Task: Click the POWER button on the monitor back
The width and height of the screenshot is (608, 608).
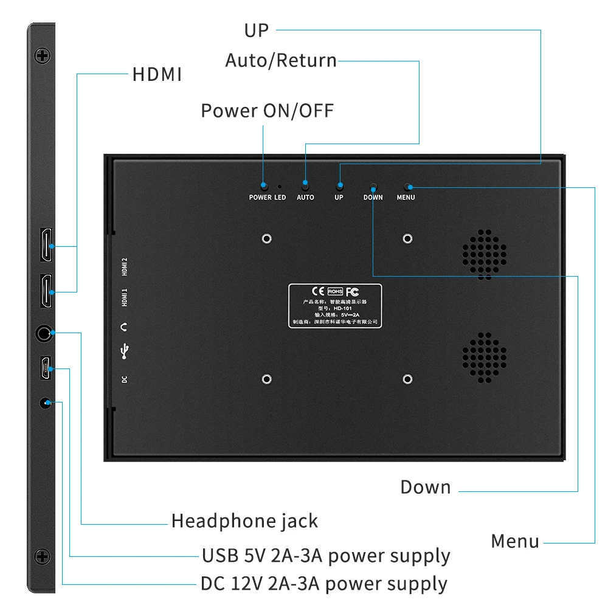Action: pyautogui.click(x=263, y=185)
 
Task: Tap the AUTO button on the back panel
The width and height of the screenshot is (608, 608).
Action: pyautogui.click(x=305, y=185)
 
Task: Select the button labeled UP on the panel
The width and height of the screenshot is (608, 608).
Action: pyautogui.click(x=339, y=185)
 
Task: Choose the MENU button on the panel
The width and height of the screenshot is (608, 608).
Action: pyautogui.click(x=407, y=186)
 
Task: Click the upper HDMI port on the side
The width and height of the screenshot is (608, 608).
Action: pyautogui.click(x=46, y=245)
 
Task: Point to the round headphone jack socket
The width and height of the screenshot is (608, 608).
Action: pyautogui.click(x=44, y=333)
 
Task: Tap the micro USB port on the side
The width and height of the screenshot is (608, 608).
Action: pyautogui.click(x=46, y=368)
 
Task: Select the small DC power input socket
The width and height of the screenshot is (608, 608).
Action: pyautogui.click(x=45, y=402)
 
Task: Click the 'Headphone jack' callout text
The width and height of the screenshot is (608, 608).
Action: pyautogui.click(x=244, y=521)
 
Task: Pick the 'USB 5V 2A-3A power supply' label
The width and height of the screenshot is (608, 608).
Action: pyautogui.click(x=326, y=556)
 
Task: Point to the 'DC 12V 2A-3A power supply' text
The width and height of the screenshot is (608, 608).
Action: pyautogui.click(x=324, y=584)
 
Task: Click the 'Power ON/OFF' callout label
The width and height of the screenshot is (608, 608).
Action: pyautogui.click(x=268, y=111)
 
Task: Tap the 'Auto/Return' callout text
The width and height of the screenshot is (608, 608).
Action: pyautogui.click(x=281, y=61)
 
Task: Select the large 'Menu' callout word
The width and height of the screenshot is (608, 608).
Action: pyautogui.click(x=515, y=541)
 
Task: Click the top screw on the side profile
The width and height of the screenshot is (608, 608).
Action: pyautogui.click(x=42, y=57)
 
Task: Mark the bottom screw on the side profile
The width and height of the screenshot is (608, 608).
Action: pyautogui.click(x=42, y=556)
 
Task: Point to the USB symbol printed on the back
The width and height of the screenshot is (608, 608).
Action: pyautogui.click(x=125, y=351)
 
